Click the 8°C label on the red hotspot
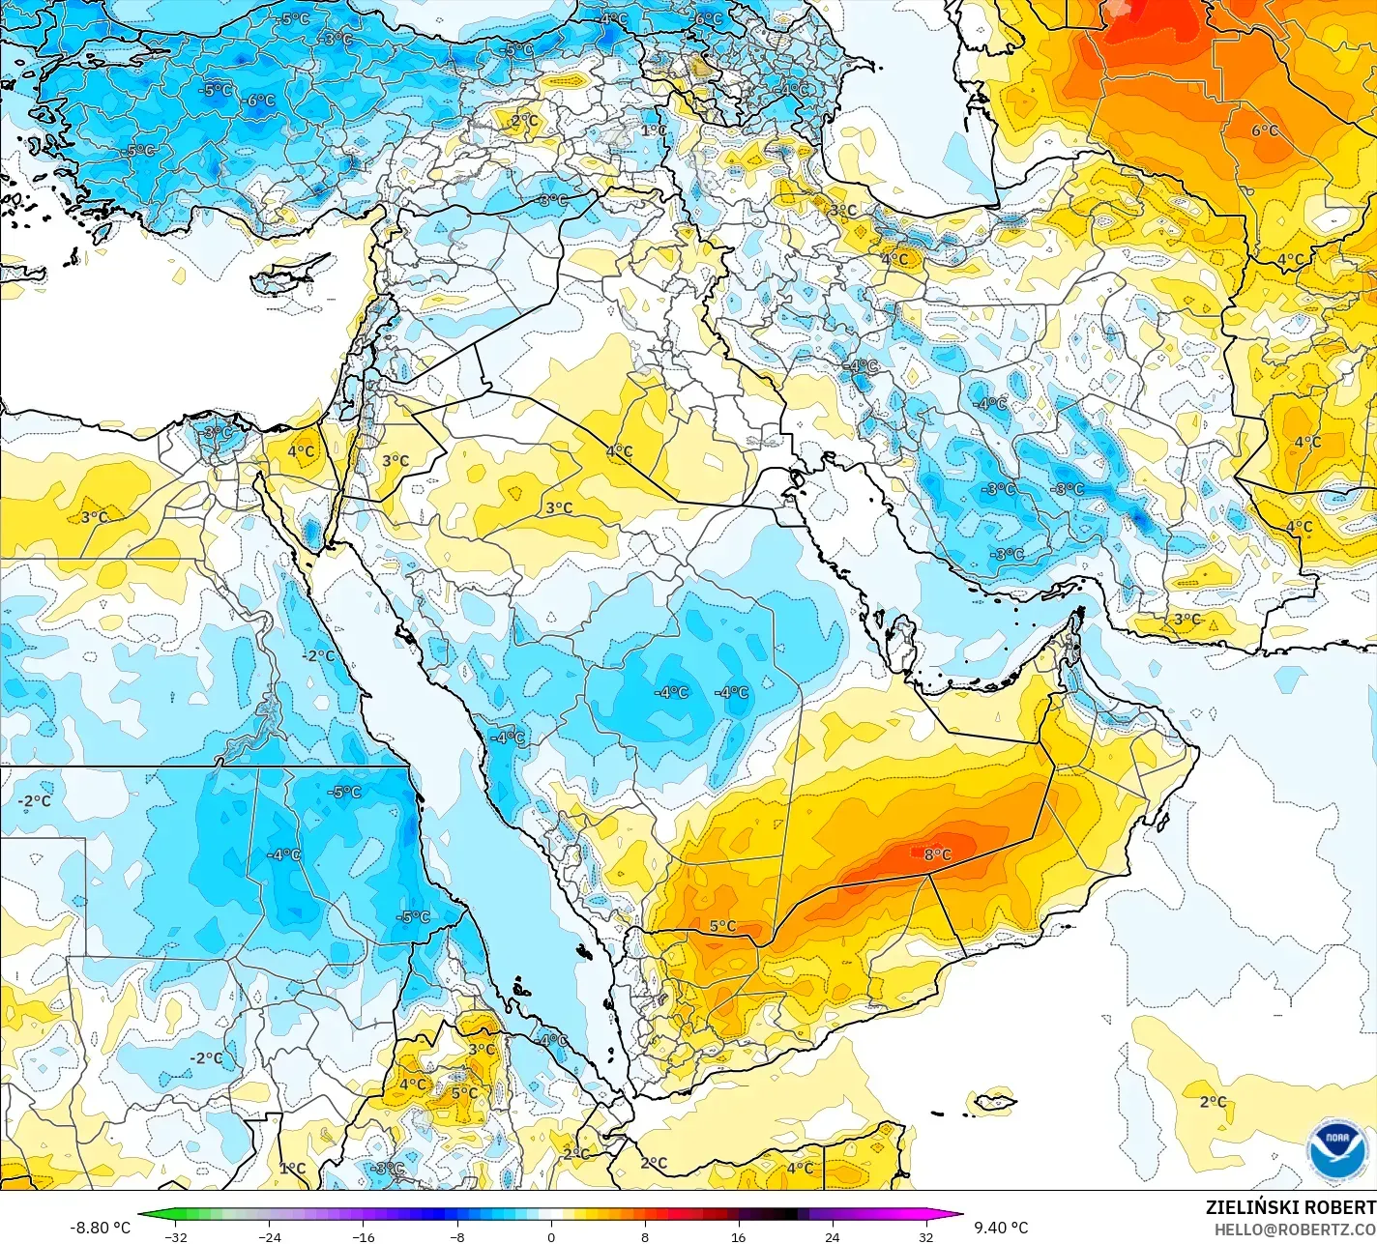click(937, 854)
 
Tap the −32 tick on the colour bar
click(175, 1236)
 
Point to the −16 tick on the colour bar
click(363, 1236)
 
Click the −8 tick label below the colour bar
click(457, 1236)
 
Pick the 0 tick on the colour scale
click(551, 1236)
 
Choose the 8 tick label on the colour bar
click(645, 1236)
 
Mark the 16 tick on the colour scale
click(738, 1236)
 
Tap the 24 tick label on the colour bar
click(832, 1236)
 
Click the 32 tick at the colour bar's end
click(925, 1236)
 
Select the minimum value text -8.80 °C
click(100, 1228)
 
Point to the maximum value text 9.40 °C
click(1001, 1228)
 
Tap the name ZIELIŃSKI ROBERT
click(1290, 1207)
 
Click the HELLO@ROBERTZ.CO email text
click(1295, 1229)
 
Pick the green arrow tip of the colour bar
click(145, 1214)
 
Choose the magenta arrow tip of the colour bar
click(956, 1214)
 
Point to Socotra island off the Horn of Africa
click(994, 1101)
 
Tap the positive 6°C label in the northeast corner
click(1265, 130)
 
